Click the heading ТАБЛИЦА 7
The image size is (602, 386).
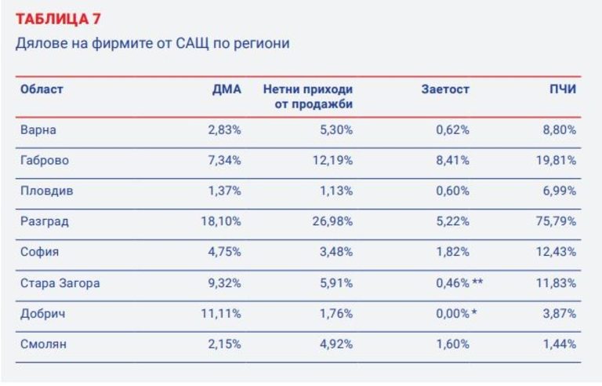click(x=58, y=18)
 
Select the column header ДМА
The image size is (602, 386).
click(x=227, y=89)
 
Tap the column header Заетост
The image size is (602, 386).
click(x=445, y=89)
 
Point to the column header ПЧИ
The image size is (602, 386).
click(x=562, y=89)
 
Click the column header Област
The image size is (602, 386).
click(x=42, y=89)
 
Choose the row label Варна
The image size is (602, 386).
click(x=38, y=129)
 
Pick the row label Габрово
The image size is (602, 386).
click(x=45, y=160)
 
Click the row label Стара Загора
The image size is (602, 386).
click(x=60, y=283)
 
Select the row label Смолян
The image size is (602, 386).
click(x=43, y=344)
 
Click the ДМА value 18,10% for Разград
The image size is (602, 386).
click(x=220, y=222)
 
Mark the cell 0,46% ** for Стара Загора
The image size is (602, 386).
click(x=459, y=283)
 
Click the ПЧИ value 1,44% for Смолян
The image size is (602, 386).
click(x=558, y=344)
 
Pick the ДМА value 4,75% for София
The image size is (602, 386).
click(x=224, y=253)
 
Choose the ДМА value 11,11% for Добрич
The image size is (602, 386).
click(x=220, y=314)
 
